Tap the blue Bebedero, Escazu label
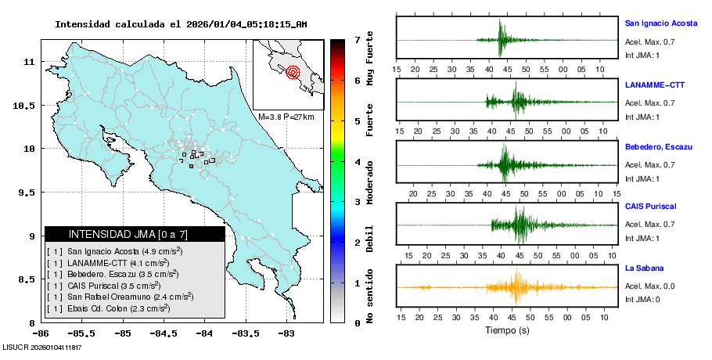coord(656,146)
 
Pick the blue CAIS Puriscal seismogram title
coord(650,206)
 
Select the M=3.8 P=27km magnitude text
coord(286,117)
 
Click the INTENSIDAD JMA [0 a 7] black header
coord(135,234)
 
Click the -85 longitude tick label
coord(122,333)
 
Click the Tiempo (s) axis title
coord(508,330)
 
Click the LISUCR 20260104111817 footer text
coord(43,346)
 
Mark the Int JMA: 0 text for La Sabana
coord(642,300)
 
